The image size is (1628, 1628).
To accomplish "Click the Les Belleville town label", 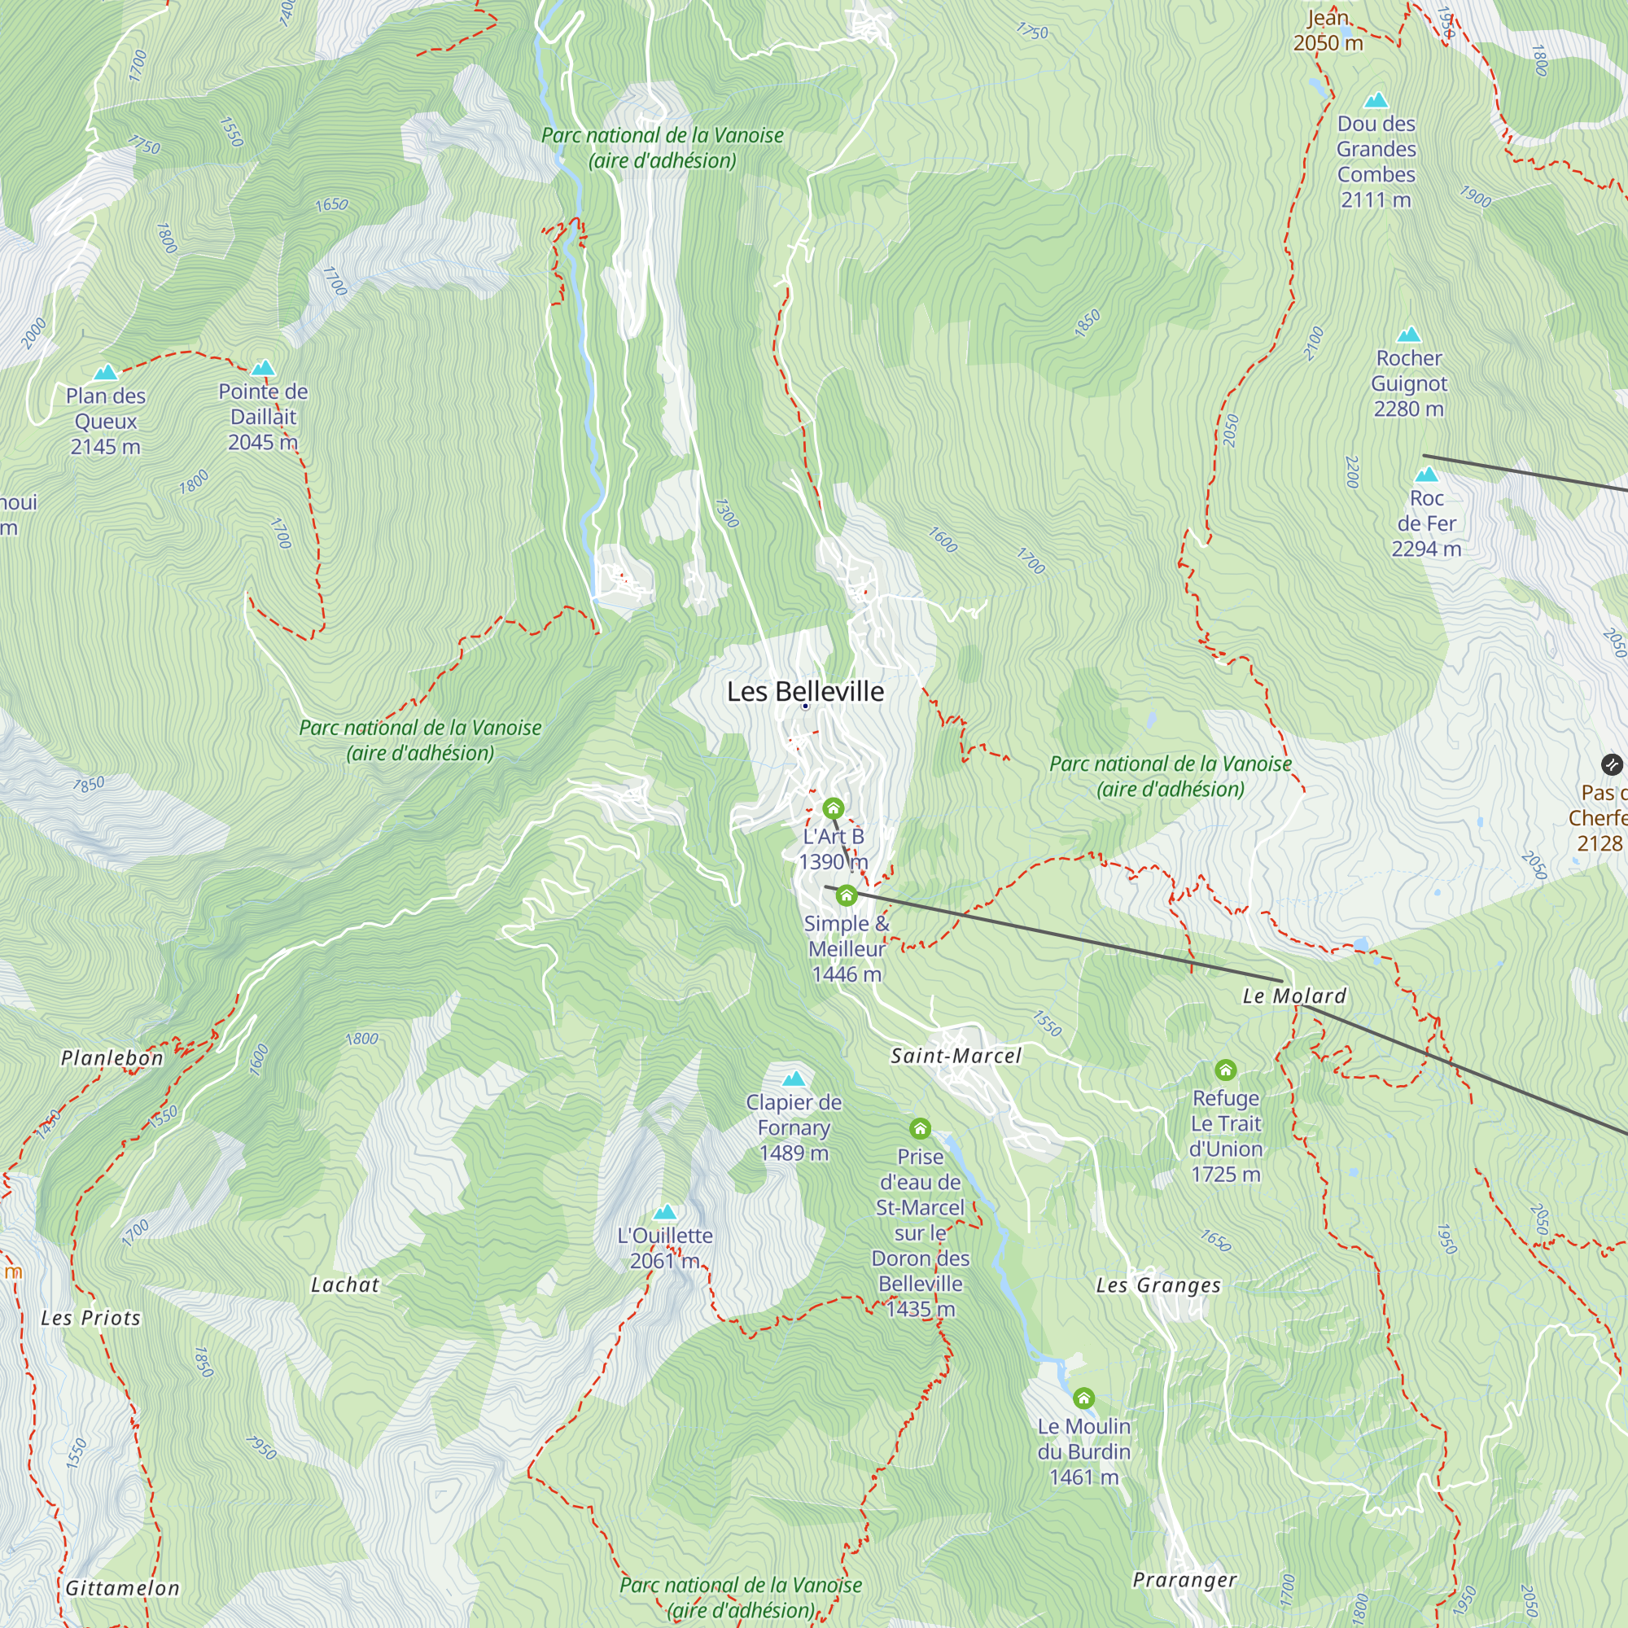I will point(805,692).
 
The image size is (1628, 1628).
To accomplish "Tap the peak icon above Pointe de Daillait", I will point(264,368).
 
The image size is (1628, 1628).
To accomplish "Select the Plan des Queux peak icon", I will point(105,373).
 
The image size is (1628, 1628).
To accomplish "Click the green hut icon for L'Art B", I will point(833,809).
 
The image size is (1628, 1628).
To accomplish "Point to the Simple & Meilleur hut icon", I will point(846,895).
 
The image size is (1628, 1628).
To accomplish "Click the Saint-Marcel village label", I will point(956,1056).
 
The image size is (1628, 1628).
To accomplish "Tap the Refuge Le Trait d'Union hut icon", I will point(1225,1070).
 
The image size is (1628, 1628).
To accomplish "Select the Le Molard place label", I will point(1294,996).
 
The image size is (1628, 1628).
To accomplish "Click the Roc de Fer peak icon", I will point(1426,475).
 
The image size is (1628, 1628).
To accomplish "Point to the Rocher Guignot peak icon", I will point(1408,335).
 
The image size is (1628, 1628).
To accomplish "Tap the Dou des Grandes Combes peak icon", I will point(1375,100).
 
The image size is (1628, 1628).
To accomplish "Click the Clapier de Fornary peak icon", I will point(794,1079).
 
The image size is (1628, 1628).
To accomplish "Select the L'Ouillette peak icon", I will point(665,1213).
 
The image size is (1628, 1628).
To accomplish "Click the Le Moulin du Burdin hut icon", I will point(1083,1398).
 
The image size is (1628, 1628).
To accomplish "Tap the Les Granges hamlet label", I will point(1158,1285).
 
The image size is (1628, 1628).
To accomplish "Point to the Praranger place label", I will point(1184,1580).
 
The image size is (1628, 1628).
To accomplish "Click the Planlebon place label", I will point(112,1058).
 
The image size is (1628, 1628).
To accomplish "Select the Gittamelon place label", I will point(123,1588).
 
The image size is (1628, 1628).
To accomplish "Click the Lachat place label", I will point(344,1285).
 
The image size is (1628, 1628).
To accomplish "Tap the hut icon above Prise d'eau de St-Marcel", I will point(920,1128).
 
